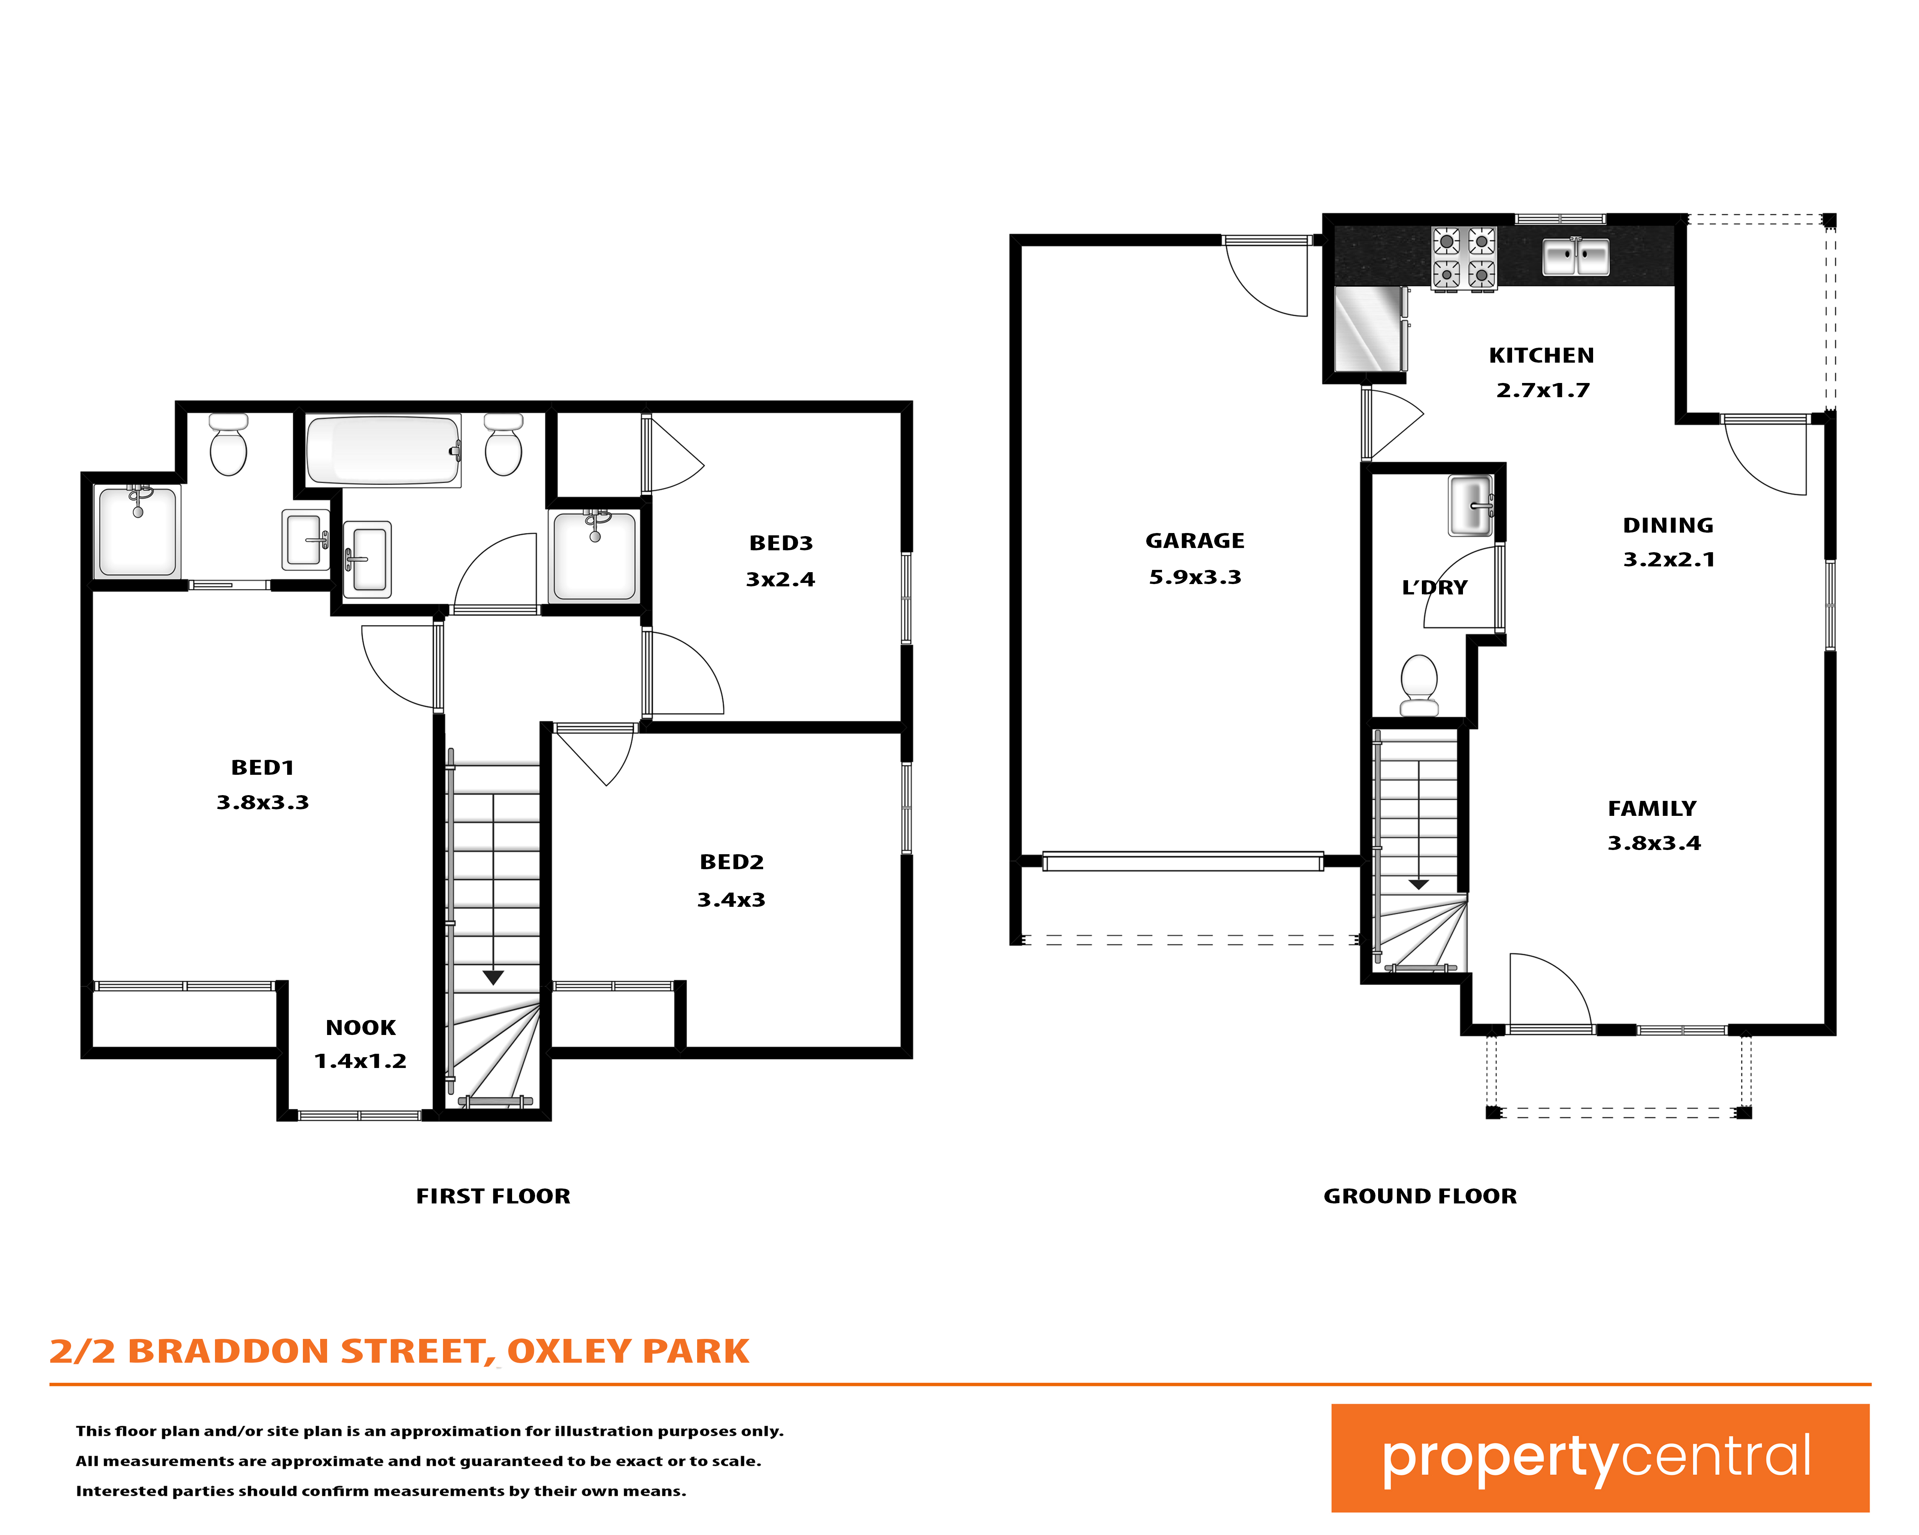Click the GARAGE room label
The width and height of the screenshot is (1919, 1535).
[x=1195, y=541]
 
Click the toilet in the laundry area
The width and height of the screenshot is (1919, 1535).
[x=1419, y=685]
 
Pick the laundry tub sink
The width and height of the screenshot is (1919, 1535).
[x=1470, y=505]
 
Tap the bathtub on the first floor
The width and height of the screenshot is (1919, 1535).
[x=383, y=450]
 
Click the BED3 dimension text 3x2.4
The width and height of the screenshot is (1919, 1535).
[x=780, y=579]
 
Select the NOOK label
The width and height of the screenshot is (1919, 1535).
[x=360, y=1028]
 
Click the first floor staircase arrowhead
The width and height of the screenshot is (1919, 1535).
[x=493, y=978]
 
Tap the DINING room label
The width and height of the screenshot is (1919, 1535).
[x=1668, y=525]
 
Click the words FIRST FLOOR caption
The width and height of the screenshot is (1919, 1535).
[x=493, y=1196]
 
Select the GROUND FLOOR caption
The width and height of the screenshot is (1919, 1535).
[x=1420, y=1196]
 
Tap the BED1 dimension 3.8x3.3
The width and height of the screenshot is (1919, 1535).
[x=263, y=803]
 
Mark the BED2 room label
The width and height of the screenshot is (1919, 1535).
[x=732, y=862]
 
